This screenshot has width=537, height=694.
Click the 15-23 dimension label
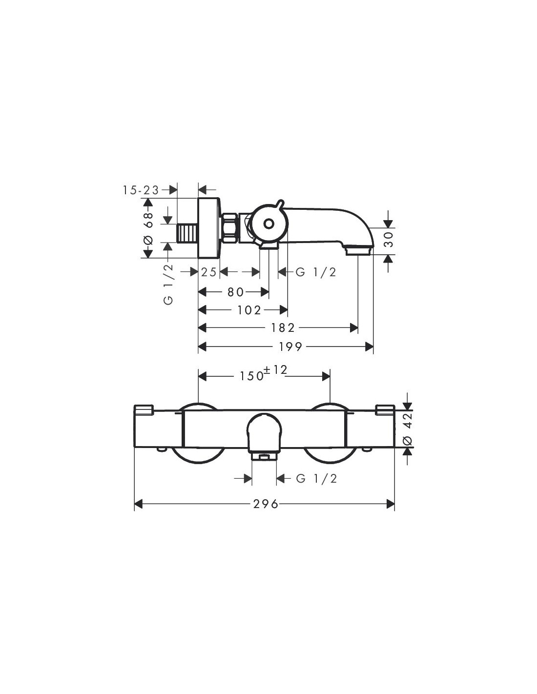141,190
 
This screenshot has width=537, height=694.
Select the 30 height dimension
388,239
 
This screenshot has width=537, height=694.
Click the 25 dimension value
209,272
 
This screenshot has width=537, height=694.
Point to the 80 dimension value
235,292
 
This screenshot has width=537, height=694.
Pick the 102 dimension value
249,310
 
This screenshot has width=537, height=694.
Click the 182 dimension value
283,327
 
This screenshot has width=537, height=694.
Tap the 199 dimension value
290,347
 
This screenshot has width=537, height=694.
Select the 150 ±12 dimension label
264,373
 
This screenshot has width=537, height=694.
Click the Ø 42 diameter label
408,429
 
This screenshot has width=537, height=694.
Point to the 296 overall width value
266,504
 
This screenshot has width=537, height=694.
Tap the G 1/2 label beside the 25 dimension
316,272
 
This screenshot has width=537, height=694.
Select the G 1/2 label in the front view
316,478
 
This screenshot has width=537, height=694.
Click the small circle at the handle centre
268,224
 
